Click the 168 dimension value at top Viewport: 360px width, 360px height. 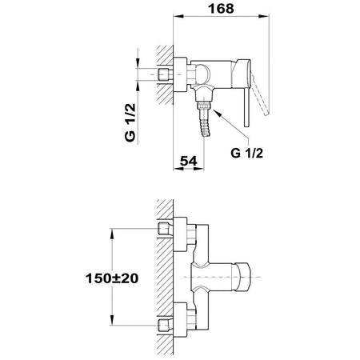pos(221,9)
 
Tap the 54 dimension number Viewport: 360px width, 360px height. pos(189,161)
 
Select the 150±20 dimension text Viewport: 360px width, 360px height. pos(112,278)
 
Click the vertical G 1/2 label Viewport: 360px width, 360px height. pos(130,122)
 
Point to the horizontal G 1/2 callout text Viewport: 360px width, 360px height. pos(247,153)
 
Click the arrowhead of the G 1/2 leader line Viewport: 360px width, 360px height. pos(217,113)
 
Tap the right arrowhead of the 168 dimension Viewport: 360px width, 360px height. pos(264,16)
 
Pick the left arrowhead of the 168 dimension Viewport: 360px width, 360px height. pos(178,16)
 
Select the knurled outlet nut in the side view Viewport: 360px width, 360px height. pos(204,105)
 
